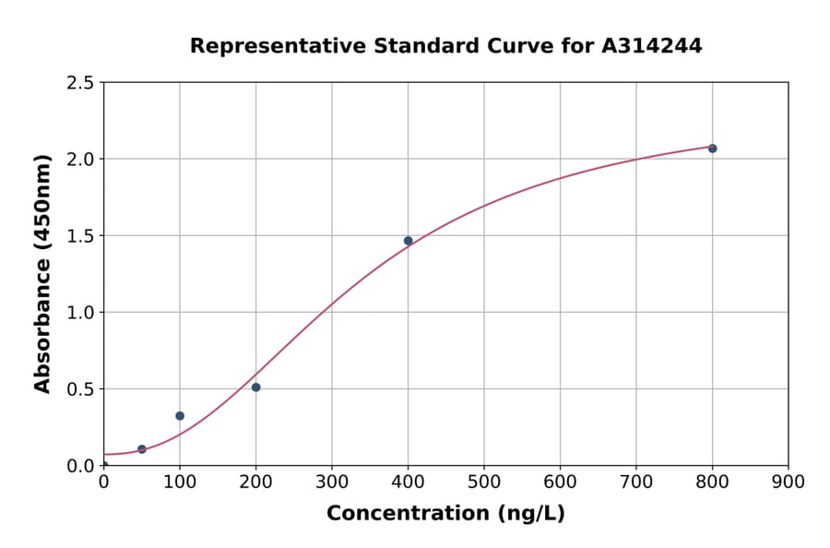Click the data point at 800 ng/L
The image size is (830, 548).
tap(712, 149)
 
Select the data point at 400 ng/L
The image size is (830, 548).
tap(408, 241)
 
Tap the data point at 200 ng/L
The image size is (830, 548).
tap(255, 387)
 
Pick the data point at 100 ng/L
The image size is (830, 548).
tap(180, 416)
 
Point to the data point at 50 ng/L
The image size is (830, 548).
tap(141, 449)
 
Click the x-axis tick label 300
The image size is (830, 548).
tap(331, 482)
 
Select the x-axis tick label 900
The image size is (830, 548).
tap(788, 482)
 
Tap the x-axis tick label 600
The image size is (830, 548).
tap(560, 482)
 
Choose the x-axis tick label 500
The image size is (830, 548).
tap(483, 482)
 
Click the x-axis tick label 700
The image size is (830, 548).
tap(635, 482)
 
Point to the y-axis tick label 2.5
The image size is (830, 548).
tap(80, 83)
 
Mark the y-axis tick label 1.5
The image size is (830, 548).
tap(80, 236)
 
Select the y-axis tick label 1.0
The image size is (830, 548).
tap(80, 313)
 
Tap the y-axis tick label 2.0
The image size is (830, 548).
tap(80, 160)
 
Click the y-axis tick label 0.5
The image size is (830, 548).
tap(80, 389)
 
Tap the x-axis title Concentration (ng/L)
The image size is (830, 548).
tap(445, 514)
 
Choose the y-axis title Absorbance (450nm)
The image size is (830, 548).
tap(42, 273)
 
